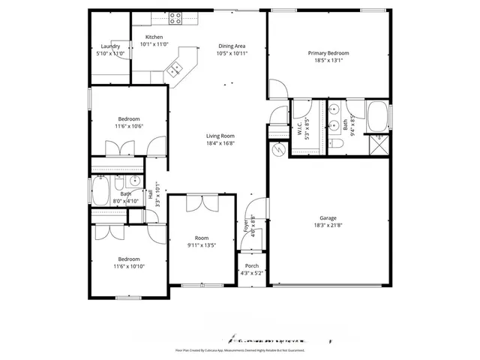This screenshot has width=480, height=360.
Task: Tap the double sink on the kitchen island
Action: pyautogui.click(x=175, y=69)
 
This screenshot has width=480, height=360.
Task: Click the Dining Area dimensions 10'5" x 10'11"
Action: pyautogui.click(x=231, y=54)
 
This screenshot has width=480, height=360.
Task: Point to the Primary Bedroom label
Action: pyautogui.click(x=328, y=53)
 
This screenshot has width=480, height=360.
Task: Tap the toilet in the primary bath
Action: pyautogui.click(x=337, y=142)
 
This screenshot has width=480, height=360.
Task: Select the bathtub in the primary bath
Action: pyautogui.click(x=377, y=118)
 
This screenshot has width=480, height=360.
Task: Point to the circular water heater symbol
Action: pyautogui.click(x=278, y=150)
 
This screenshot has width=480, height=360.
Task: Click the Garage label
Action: pyautogui.click(x=328, y=218)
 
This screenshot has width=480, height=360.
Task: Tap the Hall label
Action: pyautogui.click(x=150, y=193)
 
